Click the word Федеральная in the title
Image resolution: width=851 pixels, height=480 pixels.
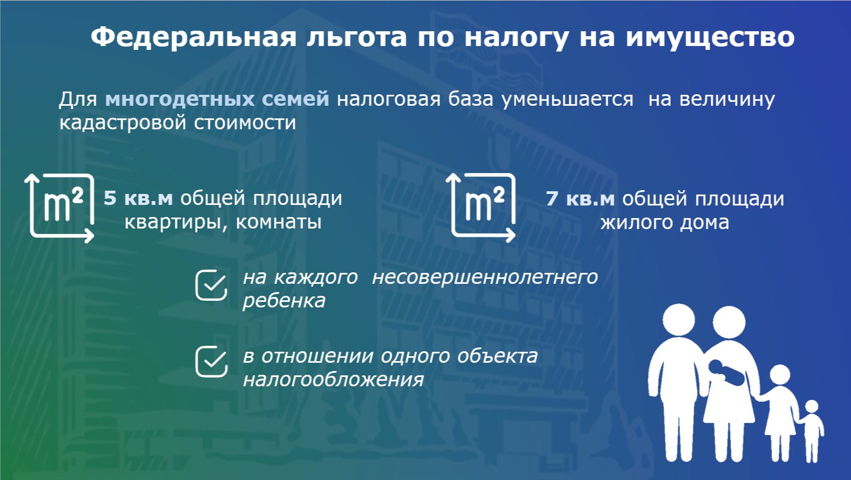[193, 38]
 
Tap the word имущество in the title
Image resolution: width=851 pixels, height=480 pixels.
[710, 38]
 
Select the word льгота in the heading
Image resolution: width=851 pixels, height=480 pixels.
[357, 38]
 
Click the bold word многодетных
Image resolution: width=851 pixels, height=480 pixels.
[180, 99]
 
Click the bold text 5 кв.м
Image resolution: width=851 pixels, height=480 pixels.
[138, 198]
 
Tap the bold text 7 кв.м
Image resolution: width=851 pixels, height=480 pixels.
[580, 198]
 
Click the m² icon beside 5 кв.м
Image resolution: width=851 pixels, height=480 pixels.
[60, 208]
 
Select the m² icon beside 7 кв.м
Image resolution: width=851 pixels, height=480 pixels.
[481, 207]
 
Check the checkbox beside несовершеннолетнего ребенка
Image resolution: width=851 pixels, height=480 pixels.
[211, 285]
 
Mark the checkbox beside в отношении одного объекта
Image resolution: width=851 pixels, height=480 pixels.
[211, 362]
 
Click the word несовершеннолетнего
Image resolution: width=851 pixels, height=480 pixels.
[485, 277]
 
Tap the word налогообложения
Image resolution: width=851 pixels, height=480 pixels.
[334, 380]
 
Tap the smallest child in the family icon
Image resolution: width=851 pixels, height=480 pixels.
[812, 431]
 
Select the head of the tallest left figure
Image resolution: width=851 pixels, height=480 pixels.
[679, 320]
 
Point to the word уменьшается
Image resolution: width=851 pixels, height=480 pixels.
[568, 100]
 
